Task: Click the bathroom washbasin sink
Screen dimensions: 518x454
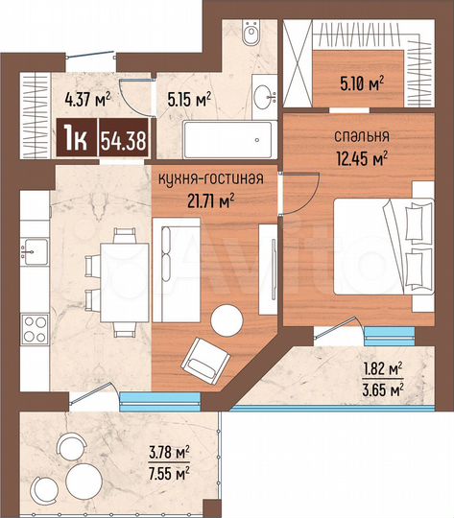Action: click(x=261, y=97)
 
